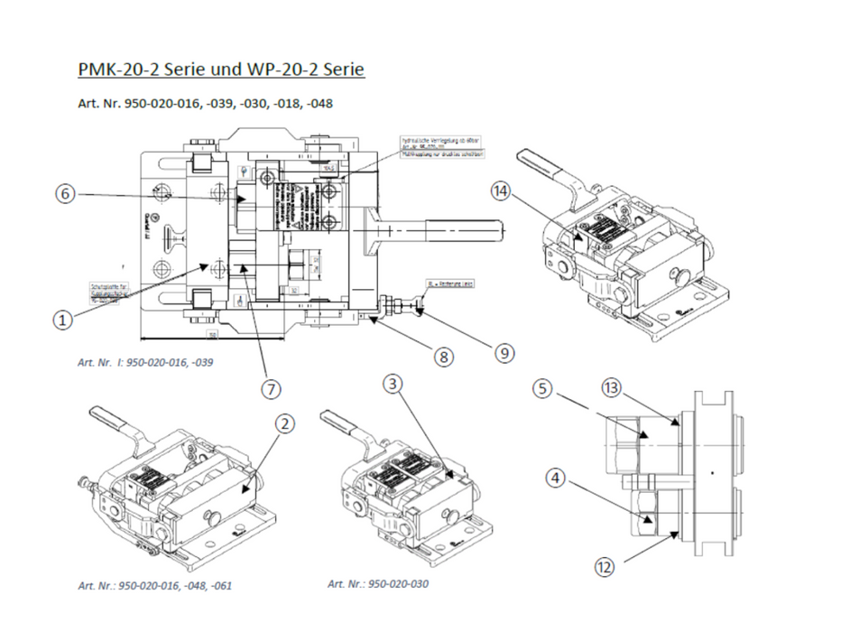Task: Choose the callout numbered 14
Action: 503,191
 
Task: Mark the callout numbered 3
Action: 392,384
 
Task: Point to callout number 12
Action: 605,567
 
